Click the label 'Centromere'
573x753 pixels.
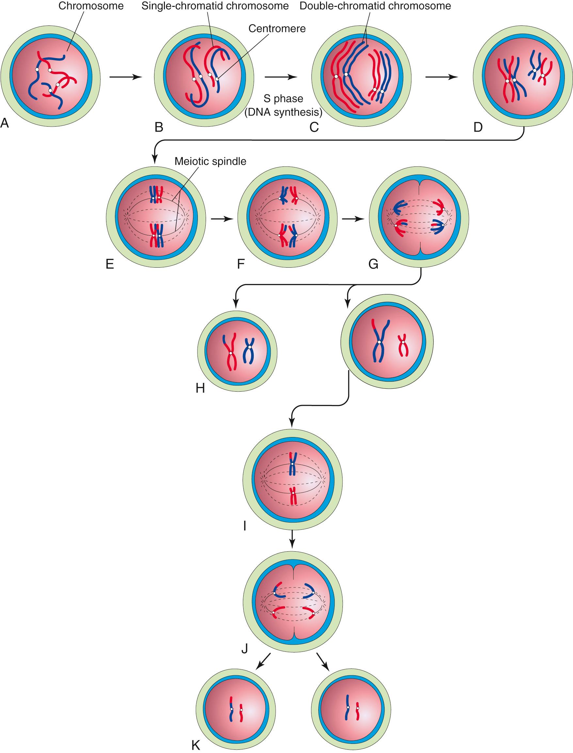(x=277, y=29)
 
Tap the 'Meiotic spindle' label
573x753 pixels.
(x=210, y=161)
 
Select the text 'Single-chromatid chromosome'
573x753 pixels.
(x=215, y=6)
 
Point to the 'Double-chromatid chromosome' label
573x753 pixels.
(x=375, y=6)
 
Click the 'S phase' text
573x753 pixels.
(x=283, y=99)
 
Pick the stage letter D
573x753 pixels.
(x=478, y=127)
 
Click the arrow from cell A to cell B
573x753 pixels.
(x=125, y=77)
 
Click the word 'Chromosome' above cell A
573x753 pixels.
(x=91, y=6)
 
